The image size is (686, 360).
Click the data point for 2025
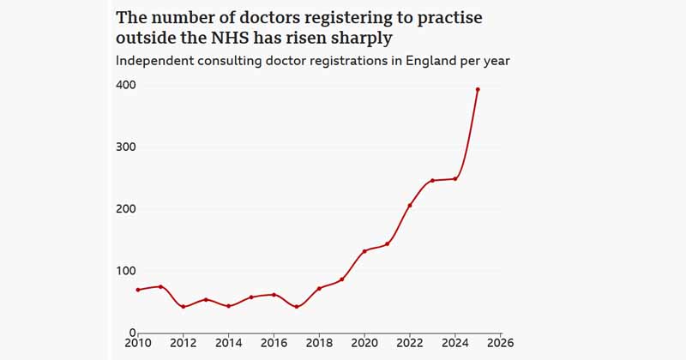pyautogui.click(x=478, y=89)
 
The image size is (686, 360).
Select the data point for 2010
pyautogui.click(x=137, y=290)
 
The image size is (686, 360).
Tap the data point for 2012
pyautogui.click(x=183, y=306)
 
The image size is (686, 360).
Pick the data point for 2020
pyautogui.click(x=364, y=251)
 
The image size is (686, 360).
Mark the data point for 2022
pyautogui.click(x=410, y=206)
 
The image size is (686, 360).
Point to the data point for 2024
pyautogui.click(x=455, y=178)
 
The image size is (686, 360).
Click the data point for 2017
pyautogui.click(x=296, y=306)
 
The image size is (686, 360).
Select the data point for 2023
pyautogui.click(x=432, y=181)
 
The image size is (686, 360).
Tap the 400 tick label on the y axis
pyautogui.click(x=126, y=86)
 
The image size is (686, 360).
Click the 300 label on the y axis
pyautogui.click(x=126, y=147)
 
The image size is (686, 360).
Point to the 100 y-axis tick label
pyautogui.click(x=126, y=271)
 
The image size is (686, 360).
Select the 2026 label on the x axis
pyautogui.click(x=500, y=344)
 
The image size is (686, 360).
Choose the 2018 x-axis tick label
pyautogui.click(x=319, y=344)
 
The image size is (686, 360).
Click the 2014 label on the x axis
pyautogui.click(x=228, y=344)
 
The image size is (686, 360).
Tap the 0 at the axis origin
pyautogui.click(x=133, y=333)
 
